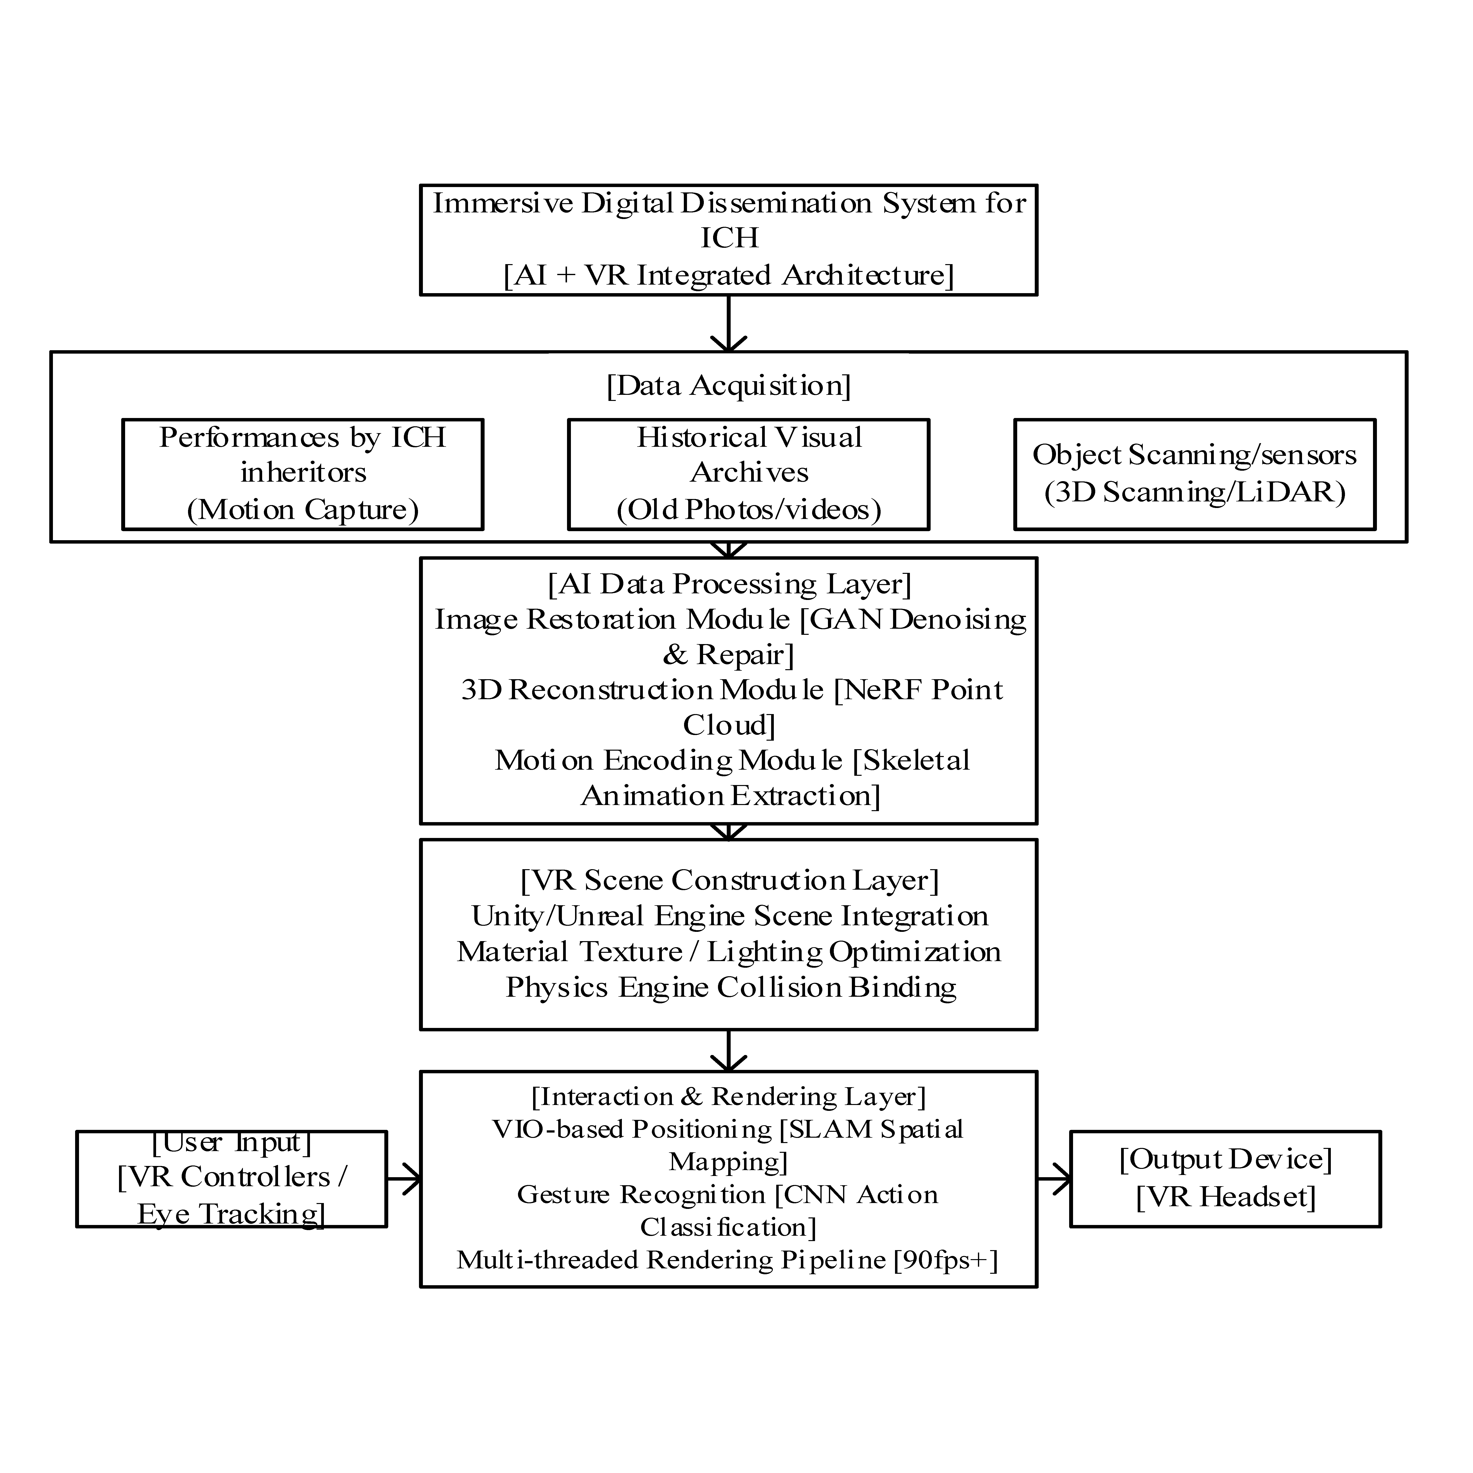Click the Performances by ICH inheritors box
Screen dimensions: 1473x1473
(x=303, y=474)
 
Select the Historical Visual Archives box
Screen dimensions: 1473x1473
(x=749, y=474)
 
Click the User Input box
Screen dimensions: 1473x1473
(x=232, y=1178)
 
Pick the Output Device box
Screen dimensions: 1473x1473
(x=1225, y=1178)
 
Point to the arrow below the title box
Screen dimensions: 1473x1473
(x=729, y=324)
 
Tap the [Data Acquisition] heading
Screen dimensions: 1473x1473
(x=729, y=386)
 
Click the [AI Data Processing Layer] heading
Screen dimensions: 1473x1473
(x=729, y=584)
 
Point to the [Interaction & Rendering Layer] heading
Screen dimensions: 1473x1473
(x=729, y=1096)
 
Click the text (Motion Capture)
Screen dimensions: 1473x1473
(x=303, y=509)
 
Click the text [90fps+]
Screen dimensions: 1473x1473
(x=946, y=1260)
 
